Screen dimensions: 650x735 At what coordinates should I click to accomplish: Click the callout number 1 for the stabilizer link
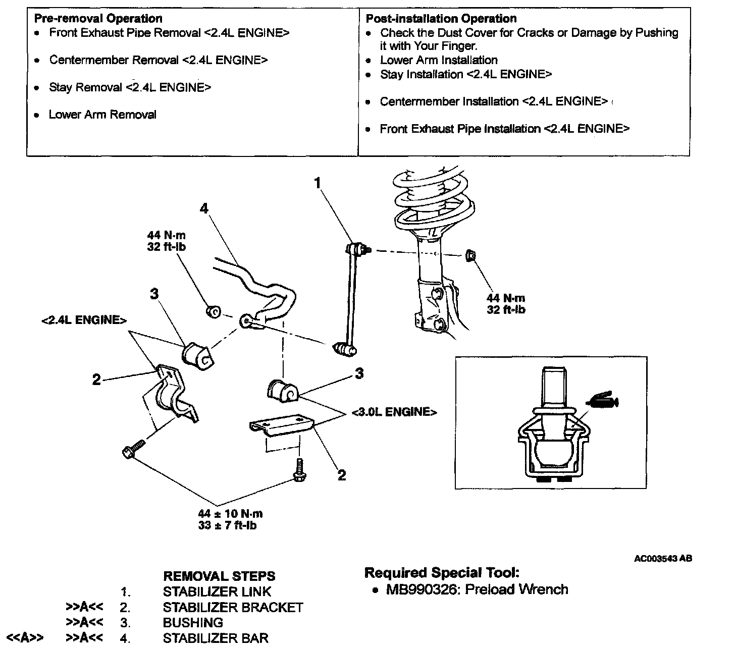point(317,183)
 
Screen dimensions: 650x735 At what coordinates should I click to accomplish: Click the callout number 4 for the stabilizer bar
point(204,208)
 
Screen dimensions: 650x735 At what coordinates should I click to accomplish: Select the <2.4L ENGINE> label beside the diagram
point(84,320)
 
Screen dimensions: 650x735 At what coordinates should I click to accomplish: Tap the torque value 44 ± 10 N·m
point(230,514)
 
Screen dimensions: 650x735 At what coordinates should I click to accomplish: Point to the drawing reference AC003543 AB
point(663,559)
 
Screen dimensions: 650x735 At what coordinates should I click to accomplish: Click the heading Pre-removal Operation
point(98,19)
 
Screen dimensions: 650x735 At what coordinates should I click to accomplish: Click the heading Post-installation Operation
point(441,19)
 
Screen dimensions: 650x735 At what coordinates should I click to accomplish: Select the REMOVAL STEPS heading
point(219,576)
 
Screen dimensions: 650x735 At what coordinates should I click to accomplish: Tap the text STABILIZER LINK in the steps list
point(217,591)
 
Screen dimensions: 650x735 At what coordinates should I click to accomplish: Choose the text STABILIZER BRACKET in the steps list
point(233,607)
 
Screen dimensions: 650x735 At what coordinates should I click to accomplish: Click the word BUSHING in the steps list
point(193,623)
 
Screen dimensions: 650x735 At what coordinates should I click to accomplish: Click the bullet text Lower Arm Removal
point(102,115)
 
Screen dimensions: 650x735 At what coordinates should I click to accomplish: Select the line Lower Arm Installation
point(439,60)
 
